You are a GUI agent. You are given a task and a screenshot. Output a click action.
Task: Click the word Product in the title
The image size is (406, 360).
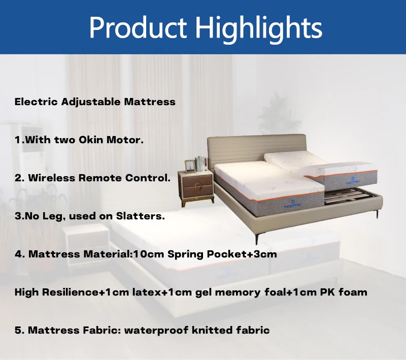(x=137, y=27)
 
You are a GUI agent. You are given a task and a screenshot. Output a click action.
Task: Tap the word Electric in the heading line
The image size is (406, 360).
(x=36, y=102)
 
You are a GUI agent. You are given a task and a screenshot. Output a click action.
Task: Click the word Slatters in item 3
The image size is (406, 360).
(x=143, y=216)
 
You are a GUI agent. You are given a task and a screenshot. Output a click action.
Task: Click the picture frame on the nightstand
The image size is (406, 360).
(x=190, y=166)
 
